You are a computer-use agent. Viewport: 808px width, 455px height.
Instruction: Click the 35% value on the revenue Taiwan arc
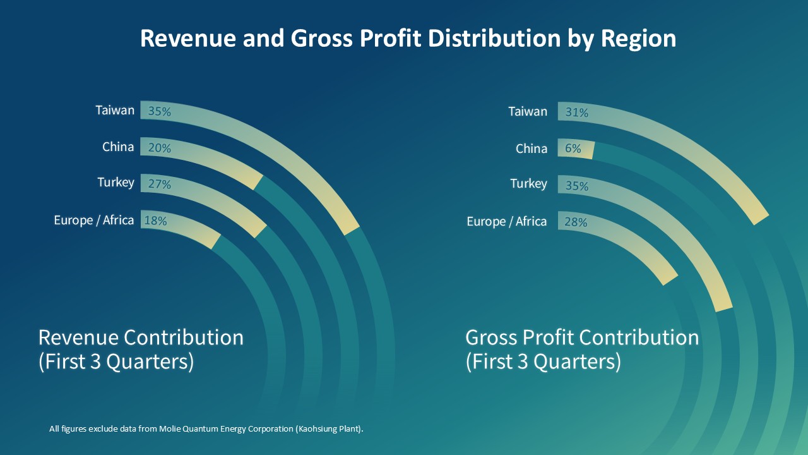159,112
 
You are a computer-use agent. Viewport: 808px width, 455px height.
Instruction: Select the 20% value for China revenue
159,149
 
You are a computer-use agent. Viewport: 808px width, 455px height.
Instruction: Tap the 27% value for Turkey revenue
159,185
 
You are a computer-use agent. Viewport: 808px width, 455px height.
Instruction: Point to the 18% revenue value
155,221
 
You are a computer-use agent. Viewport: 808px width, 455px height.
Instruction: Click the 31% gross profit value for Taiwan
576,112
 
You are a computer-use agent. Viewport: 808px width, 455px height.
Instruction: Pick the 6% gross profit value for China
573,149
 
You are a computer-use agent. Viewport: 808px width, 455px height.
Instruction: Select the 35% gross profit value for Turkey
576,186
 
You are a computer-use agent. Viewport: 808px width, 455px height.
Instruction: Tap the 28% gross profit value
576,222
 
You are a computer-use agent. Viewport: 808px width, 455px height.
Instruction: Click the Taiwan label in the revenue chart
115,111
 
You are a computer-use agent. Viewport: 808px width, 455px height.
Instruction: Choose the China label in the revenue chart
118,147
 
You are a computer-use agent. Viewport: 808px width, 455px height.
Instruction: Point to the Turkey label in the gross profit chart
528,184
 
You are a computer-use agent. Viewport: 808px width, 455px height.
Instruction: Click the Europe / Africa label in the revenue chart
93,221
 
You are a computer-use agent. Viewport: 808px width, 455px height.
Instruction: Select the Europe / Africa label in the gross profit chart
506,222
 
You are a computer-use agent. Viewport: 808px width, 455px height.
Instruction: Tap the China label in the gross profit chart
531,149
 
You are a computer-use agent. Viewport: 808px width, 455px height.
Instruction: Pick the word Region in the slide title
638,39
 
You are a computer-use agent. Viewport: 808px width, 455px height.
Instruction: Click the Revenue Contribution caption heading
141,337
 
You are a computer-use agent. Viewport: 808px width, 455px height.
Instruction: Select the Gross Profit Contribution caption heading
582,337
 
